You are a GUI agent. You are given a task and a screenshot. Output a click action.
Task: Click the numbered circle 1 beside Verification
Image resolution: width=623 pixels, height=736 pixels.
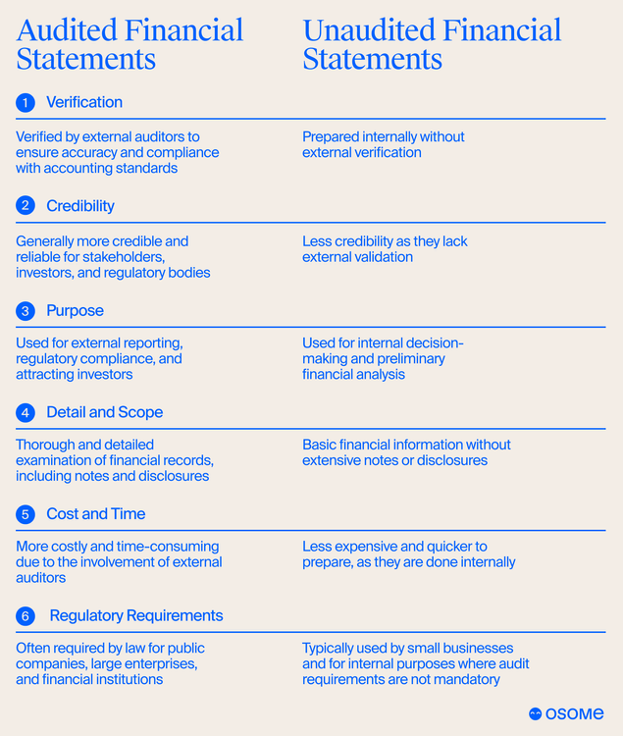26,102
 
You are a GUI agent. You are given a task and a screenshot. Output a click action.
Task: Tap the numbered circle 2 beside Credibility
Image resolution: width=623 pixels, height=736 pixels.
26,206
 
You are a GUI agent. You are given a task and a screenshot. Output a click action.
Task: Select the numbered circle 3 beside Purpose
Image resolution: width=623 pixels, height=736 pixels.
26,311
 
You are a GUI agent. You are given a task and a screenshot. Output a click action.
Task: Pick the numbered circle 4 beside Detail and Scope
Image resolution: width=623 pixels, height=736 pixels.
26,412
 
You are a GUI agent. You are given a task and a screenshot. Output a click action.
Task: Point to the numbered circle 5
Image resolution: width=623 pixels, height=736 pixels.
26,514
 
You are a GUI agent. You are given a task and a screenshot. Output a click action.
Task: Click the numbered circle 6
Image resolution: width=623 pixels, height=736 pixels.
26,616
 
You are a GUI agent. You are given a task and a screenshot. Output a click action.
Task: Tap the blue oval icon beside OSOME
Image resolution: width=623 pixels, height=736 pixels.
536,714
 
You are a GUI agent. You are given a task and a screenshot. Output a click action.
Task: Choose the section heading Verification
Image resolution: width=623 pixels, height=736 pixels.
84,102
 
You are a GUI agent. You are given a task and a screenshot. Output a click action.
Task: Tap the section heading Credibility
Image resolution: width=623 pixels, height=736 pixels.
80,206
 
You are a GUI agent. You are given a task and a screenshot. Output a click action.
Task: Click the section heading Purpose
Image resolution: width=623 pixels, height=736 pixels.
75,311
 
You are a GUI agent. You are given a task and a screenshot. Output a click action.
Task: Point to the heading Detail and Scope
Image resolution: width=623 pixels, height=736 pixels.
104,412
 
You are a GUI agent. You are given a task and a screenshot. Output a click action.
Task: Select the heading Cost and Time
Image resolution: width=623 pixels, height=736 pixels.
95,514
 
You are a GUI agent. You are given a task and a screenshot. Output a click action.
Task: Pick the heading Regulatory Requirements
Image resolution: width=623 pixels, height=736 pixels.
136,616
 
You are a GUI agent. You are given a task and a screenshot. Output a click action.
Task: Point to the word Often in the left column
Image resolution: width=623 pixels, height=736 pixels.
33,648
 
